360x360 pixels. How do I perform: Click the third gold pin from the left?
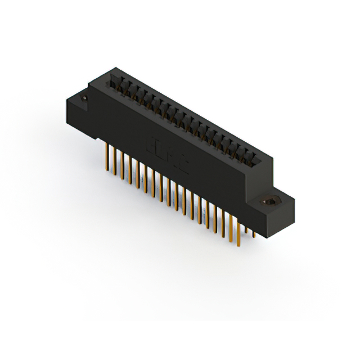[x=120, y=164]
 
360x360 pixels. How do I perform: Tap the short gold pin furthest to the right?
[x=254, y=231]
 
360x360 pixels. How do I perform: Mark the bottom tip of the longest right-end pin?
[x=238, y=246]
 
